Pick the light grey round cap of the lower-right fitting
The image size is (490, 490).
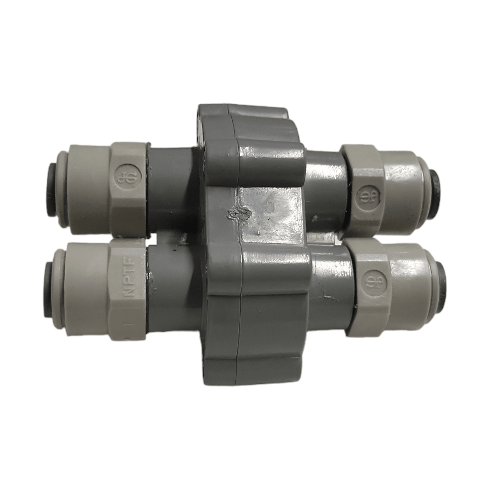412,282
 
